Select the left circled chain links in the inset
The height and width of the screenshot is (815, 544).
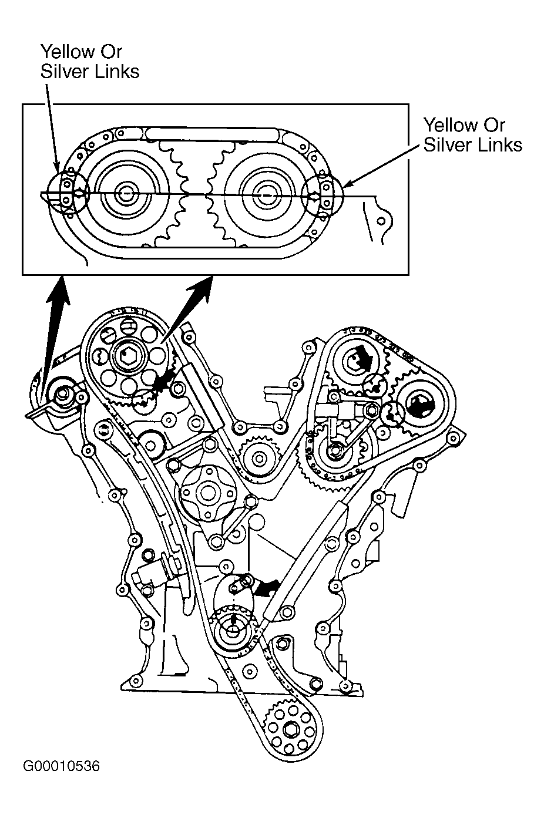point(69,191)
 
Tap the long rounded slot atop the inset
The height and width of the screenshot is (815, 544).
point(212,133)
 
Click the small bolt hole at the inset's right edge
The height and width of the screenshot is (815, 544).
point(381,221)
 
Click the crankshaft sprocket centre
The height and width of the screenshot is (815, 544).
point(231,631)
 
